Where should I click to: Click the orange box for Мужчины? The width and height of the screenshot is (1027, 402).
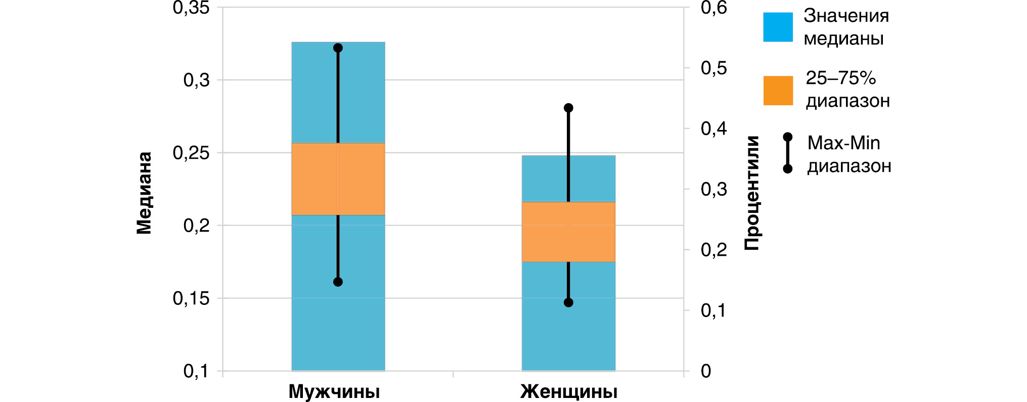338,179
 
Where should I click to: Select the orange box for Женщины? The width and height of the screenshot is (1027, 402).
568,232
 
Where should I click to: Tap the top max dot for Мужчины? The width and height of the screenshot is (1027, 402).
338,48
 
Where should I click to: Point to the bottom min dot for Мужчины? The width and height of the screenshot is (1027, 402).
338,282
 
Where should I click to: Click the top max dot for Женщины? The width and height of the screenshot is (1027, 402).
568,108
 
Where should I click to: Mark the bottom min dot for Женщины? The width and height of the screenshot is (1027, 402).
568,302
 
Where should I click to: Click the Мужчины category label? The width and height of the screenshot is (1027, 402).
334,392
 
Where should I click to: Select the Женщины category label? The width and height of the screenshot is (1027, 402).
569,392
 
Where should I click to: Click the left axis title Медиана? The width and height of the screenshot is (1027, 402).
144,193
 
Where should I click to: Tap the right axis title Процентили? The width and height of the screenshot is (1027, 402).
752,193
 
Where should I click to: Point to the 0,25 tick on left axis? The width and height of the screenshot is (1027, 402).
191,153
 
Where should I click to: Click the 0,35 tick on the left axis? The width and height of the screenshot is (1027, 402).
191,8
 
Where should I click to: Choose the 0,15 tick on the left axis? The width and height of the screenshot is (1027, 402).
191,298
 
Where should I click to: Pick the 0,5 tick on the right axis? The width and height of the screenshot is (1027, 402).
713,68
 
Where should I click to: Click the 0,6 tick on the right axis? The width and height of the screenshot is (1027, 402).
713,8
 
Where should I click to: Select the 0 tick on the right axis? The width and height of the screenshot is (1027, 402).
706,371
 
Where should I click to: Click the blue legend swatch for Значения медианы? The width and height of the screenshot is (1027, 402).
778,27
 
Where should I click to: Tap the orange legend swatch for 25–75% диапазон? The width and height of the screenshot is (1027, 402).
778,91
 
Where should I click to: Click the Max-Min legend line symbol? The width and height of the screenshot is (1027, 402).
787,153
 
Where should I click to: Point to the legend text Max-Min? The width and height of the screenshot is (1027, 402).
843,143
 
